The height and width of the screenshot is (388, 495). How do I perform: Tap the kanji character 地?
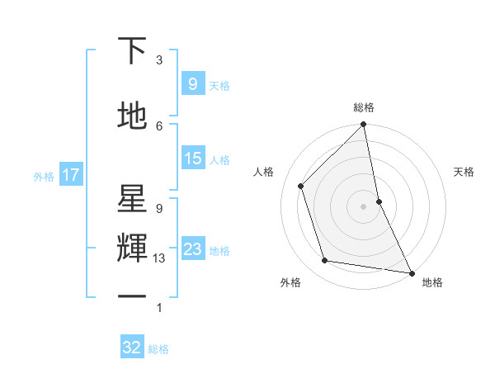coord(133,116)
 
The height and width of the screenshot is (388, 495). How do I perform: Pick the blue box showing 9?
coord(192,83)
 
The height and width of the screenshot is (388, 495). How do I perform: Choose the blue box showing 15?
coord(192,159)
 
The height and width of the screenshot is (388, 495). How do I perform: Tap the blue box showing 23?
coord(192,249)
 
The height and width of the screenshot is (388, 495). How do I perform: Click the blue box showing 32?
coord(132,348)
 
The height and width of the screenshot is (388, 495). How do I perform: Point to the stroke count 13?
coord(159,258)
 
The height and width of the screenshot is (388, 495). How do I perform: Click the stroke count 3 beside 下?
coord(159,60)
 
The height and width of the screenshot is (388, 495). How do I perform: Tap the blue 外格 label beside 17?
coord(44,176)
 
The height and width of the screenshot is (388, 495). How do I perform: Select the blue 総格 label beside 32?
coord(158,349)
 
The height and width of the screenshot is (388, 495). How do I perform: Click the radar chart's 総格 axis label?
coord(363,107)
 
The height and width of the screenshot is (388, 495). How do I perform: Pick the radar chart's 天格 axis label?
coord(464,172)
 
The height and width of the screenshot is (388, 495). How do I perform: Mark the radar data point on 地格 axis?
coord(411,272)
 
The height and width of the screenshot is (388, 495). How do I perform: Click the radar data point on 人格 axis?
coord(301,186)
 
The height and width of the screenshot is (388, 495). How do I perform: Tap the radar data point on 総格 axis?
coord(363,125)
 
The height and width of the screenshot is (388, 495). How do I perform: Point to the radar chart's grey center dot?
coord(363,206)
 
